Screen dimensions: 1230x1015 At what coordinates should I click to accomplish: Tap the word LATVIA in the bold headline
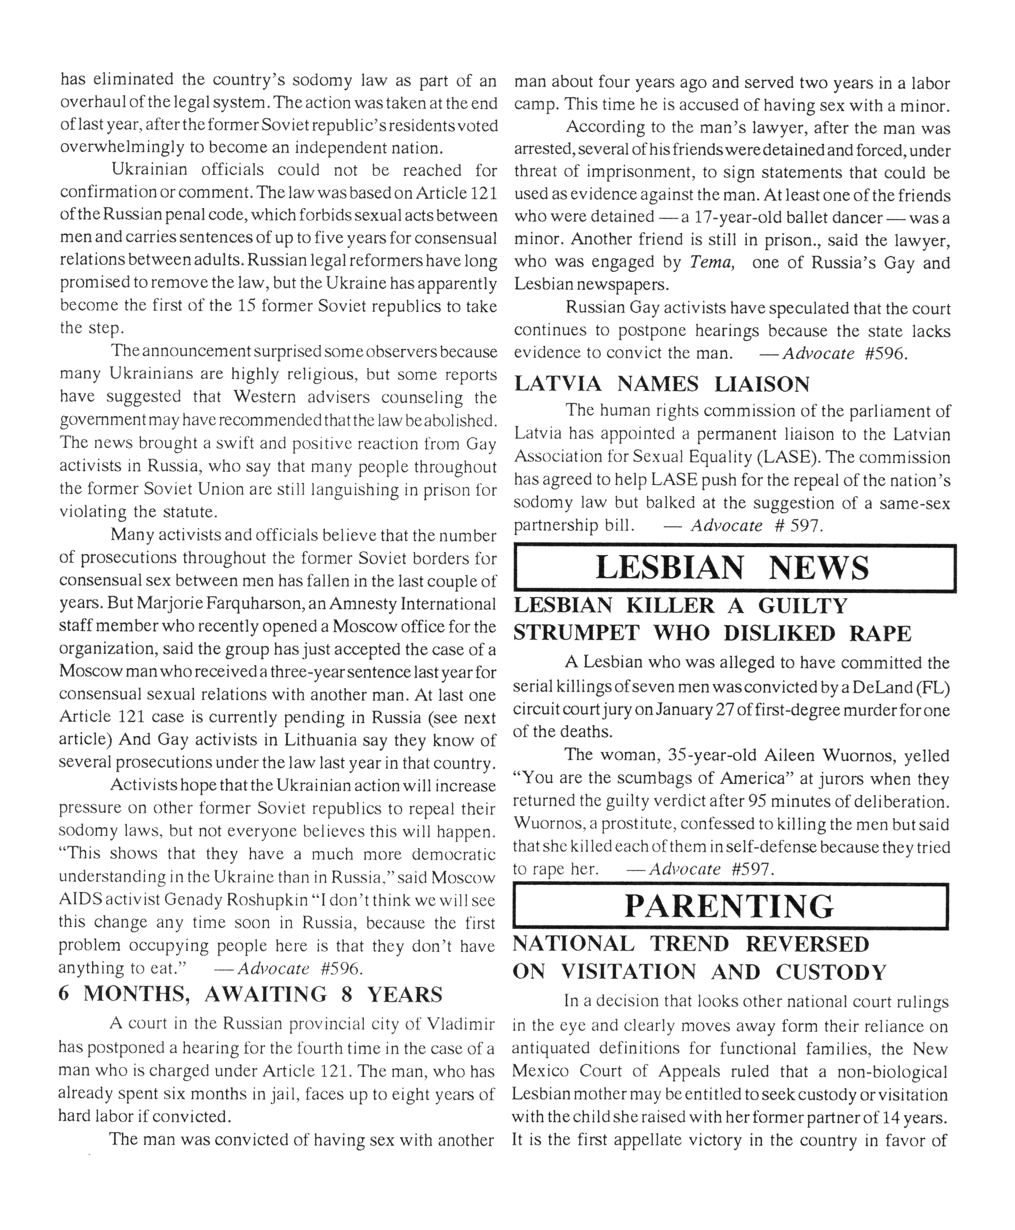click(x=558, y=384)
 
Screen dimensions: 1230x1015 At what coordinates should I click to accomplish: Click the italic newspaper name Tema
click(x=711, y=262)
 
